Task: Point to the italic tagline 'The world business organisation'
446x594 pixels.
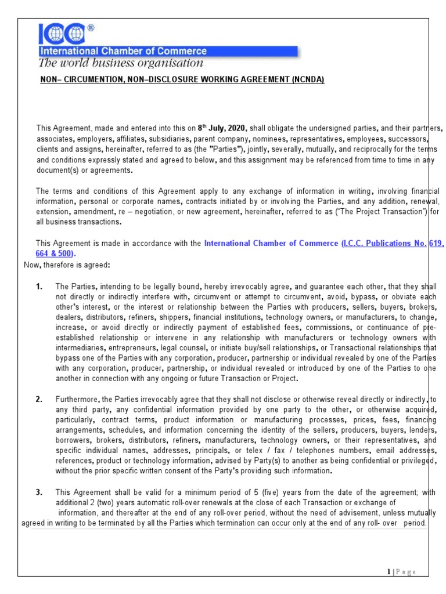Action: [121, 63]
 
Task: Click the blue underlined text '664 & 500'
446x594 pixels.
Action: [55, 254]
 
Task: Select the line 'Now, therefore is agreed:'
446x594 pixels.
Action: [66, 265]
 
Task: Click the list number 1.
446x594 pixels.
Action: [39, 287]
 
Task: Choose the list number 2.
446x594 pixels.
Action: [39, 399]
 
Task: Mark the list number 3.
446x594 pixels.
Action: [39, 492]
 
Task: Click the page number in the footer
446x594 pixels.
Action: [389, 572]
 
